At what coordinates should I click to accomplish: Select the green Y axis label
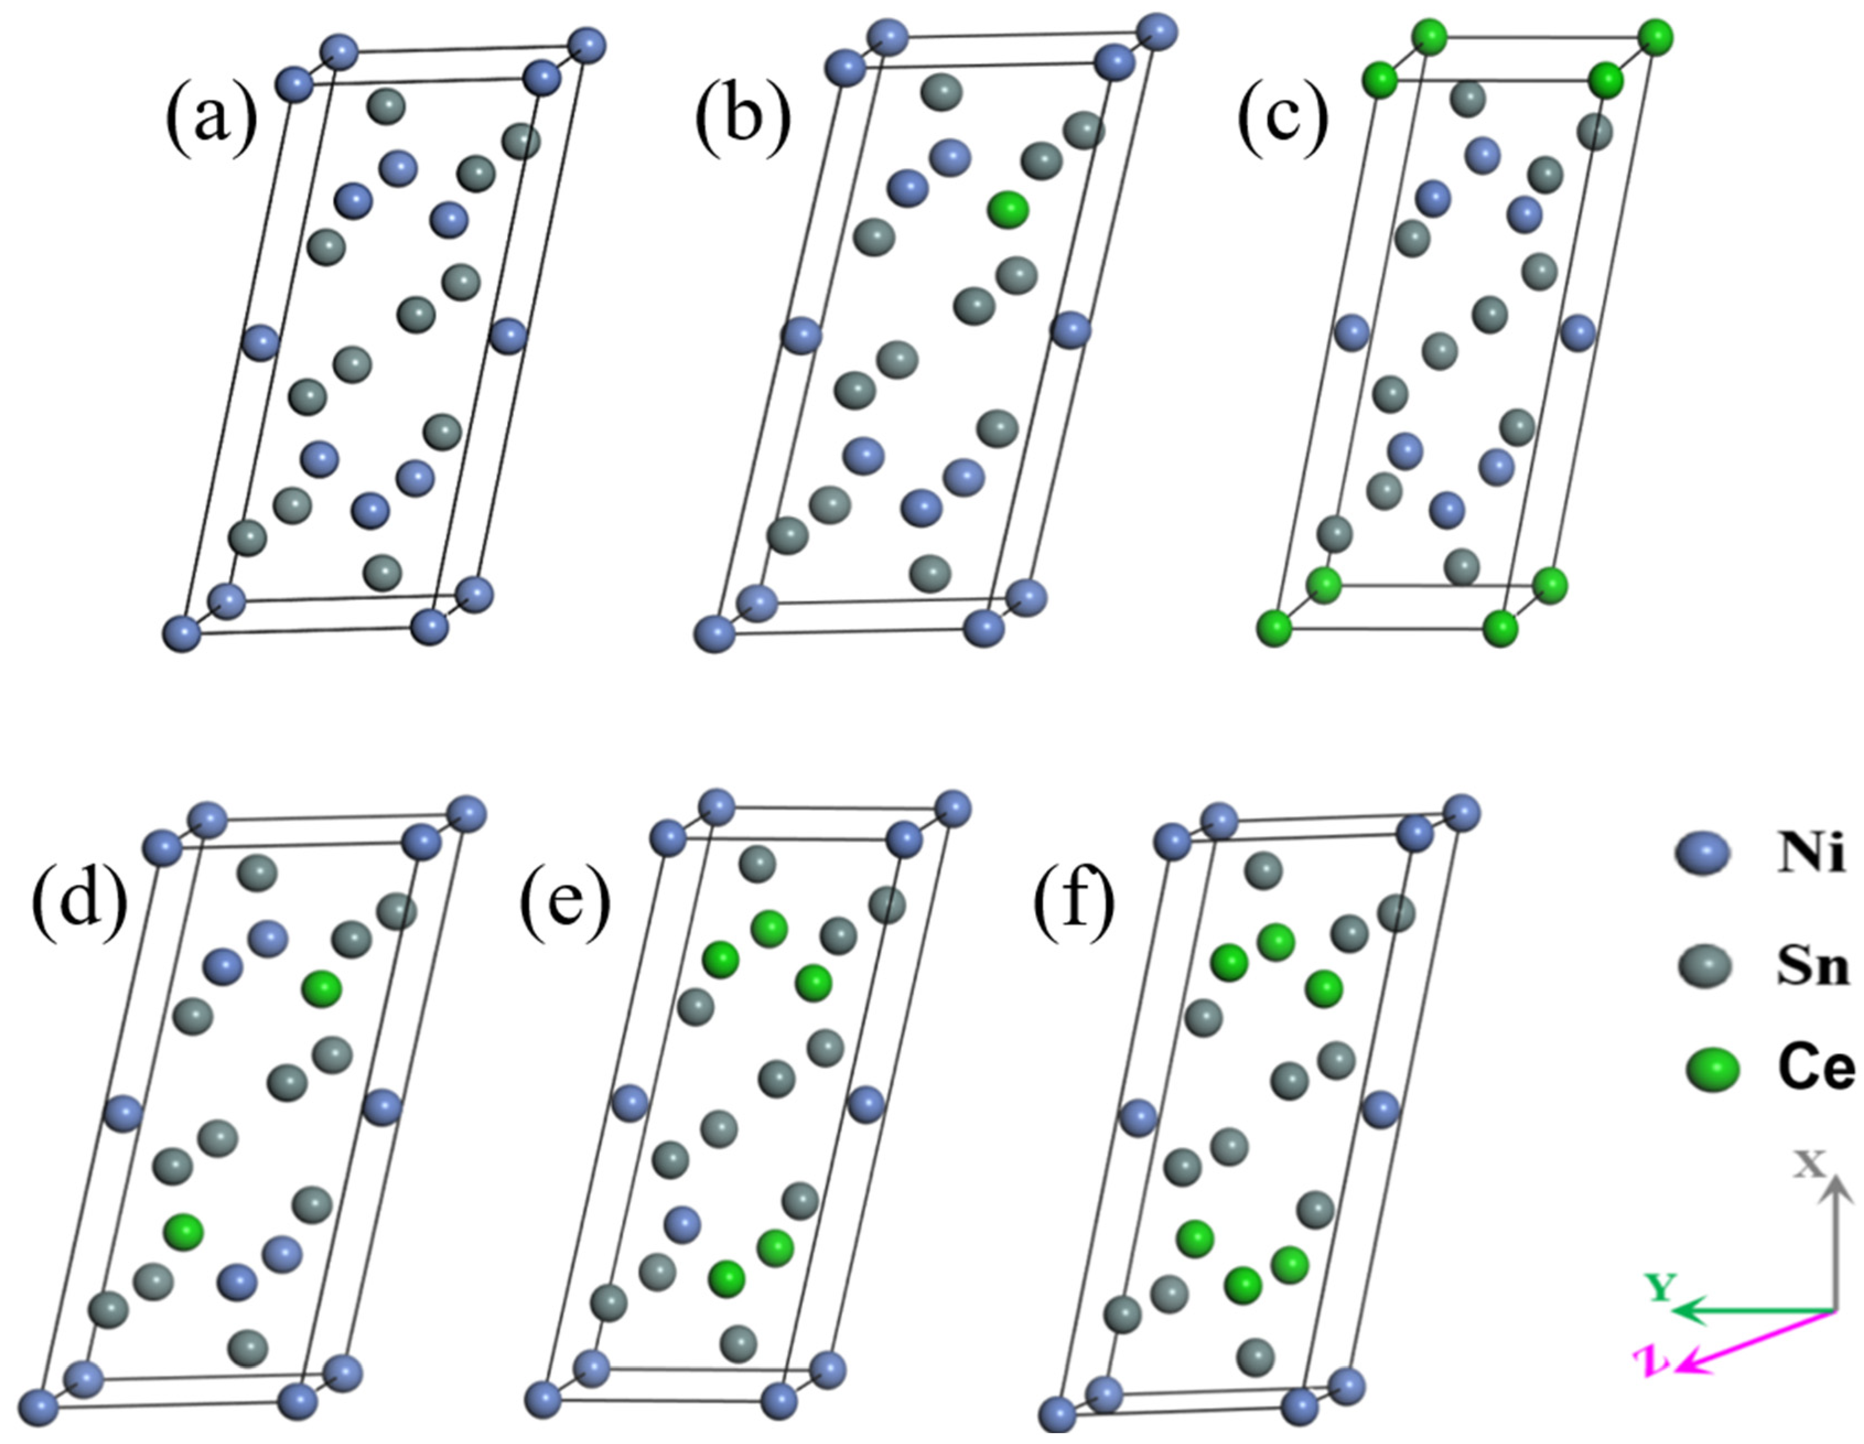(1661, 1288)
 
